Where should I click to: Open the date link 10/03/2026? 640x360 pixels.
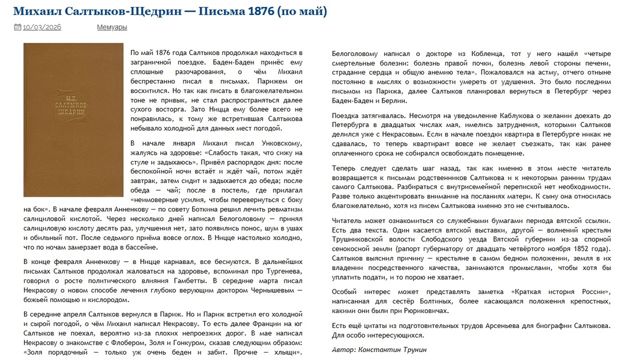click(x=42, y=27)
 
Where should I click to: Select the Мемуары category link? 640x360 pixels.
click(x=112, y=27)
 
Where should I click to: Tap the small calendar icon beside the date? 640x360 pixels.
click(x=17, y=27)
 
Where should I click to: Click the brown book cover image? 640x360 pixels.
click(x=74, y=120)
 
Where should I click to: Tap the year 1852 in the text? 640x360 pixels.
click(x=574, y=249)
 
